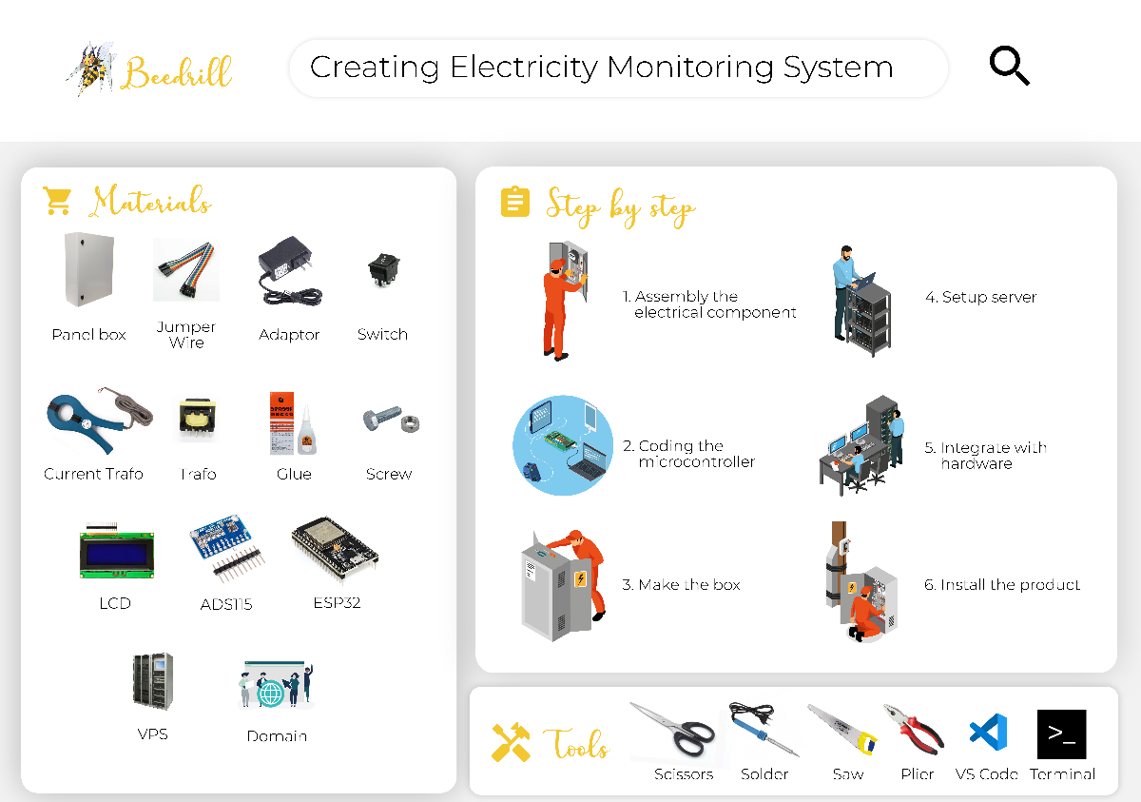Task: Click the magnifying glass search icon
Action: click(1009, 67)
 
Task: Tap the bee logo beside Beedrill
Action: click(90, 68)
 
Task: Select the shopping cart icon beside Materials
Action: click(57, 201)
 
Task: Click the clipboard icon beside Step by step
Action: click(514, 202)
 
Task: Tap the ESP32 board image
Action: click(335, 548)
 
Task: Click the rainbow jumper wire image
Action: click(186, 269)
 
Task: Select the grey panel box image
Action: click(87, 270)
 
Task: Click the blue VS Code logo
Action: click(988, 734)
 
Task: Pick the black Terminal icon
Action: click(1061, 734)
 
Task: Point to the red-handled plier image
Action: click(915, 730)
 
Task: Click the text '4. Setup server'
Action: click(980, 297)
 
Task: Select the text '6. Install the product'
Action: click(1002, 585)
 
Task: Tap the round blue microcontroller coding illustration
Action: click(563, 444)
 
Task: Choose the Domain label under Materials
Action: click(277, 735)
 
